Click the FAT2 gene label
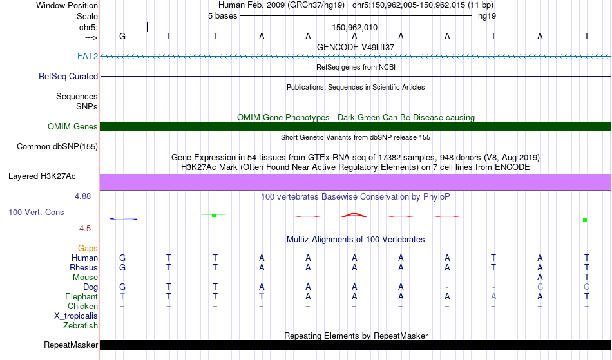click(88, 56)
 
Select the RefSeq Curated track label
click(68, 77)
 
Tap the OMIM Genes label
click(73, 126)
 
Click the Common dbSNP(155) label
click(57, 147)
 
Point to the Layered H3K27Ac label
click(42, 176)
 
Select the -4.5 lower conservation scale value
click(84, 229)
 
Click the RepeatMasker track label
click(71, 345)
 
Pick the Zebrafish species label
click(81, 325)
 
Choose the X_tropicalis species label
click(76, 316)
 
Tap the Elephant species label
click(81, 297)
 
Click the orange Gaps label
click(88, 248)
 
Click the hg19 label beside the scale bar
click(487, 16)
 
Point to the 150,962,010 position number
click(355, 27)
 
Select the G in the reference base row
click(122, 36)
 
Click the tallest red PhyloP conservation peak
click(354, 215)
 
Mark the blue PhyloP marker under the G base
click(123, 218)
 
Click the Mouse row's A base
click(540, 278)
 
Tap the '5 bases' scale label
click(222, 16)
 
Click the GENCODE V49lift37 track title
click(356, 47)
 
